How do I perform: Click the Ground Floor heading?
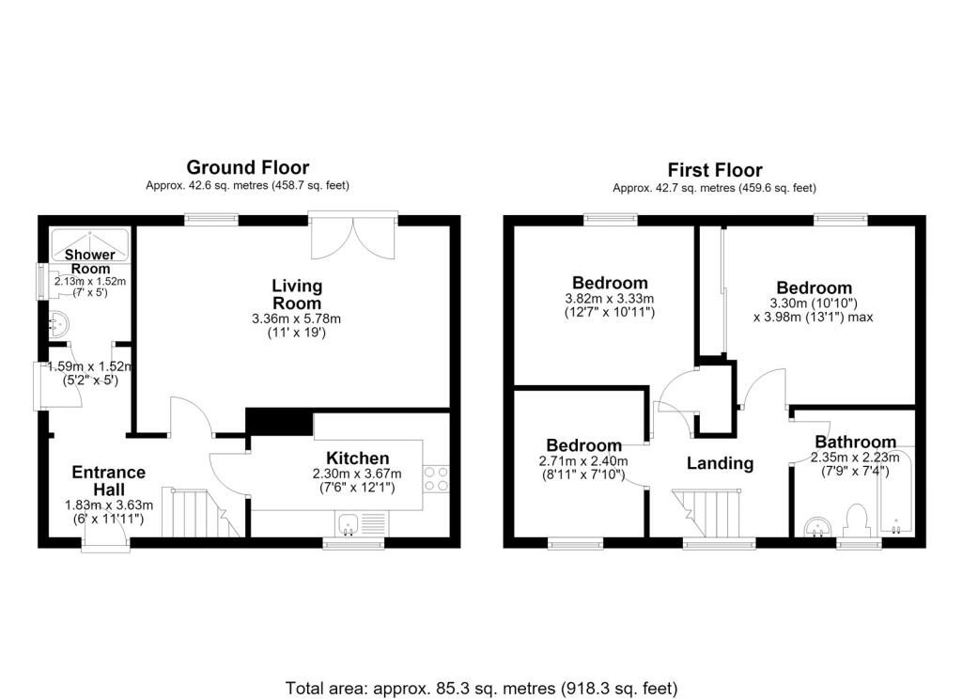248,167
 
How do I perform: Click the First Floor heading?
715,170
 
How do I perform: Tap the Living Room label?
297,295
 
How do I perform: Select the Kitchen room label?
358,458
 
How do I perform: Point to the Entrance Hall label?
109,481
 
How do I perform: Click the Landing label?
721,463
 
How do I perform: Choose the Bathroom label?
855,442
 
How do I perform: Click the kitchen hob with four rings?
436,478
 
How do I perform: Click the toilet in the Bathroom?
857,520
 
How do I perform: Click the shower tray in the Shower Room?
90,245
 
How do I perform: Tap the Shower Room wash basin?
57,323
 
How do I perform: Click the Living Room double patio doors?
353,236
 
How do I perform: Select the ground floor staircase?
200,512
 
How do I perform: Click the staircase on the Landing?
706,513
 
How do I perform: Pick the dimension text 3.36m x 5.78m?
296,319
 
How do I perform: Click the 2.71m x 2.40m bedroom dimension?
583,461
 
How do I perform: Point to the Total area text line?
482,688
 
